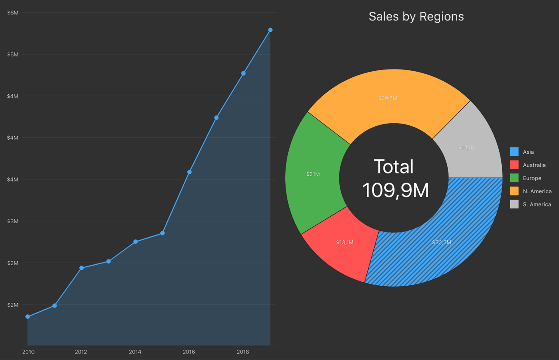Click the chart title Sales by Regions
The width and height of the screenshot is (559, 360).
[x=416, y=17]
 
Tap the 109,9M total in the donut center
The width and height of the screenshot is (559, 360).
[x=395, y=190]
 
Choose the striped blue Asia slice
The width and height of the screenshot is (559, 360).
[x=437, y=245]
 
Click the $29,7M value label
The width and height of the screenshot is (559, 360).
[x=388, y=98]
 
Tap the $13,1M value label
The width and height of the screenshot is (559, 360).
[x=345, y=242]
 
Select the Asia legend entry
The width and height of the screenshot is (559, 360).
[x=528, y=152]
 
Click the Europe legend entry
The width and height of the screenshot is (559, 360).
[x=532, y=178]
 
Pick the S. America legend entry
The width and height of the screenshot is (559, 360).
[x=537, y=204]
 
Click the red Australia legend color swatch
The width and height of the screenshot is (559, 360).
[x=514, y=165]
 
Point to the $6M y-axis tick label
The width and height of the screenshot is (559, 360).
[x=13, y=13]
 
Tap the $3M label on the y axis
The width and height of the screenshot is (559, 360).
[x=13, y=221]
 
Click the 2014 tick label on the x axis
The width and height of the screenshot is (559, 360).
[x=135, y=352]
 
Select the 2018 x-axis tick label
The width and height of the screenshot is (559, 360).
[x=243, y=352]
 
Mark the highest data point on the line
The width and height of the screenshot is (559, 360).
[x=270, y=30]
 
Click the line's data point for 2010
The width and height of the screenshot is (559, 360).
[x=28, y=316]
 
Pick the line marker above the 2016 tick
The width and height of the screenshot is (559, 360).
[x=189, y=172]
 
